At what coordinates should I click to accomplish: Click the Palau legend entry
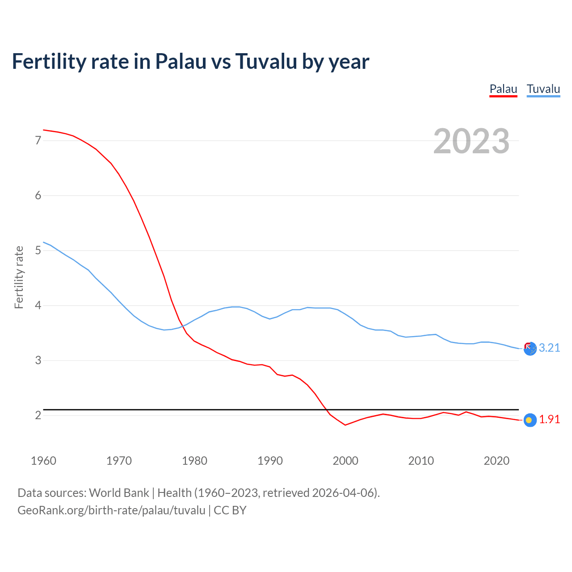click(x=503, y=89)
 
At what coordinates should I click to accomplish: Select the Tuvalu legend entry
click(x=543, y=89)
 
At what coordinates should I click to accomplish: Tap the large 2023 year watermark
click(x=471, y=141)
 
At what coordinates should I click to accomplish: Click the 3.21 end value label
click(x=549, y=348)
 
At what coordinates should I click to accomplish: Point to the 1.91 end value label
click(x=549, y=420)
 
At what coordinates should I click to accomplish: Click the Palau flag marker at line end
click(x=530, y=420)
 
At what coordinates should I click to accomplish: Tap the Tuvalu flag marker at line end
click(x=530, y=349)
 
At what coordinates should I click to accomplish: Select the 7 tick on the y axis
click(x=38, y=141)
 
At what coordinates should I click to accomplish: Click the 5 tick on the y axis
click(x=38, y=251)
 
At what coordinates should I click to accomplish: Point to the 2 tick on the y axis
click(x=38, y=416)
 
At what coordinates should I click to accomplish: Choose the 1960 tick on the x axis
click(x=43, y=461)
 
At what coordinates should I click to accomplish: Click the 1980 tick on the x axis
click(x=194, y=461)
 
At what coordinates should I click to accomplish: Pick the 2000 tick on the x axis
click(x=345, y=461)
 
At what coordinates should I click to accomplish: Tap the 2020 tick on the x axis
click(x=496, y=461)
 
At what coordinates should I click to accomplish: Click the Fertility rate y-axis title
click(x=19, y=277)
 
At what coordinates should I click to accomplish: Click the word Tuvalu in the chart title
click(x=266, y=62)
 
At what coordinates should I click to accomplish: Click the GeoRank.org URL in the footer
click(x=111, y=510)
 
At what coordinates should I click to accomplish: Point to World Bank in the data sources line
click(x=119, y=493)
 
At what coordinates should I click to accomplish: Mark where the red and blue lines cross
click(x=183, y=326)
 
